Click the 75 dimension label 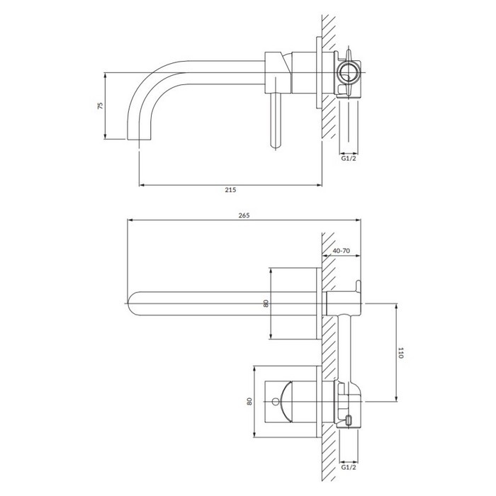pyautogui.click(x=100, y=106)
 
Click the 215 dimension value pyautogui.click(x=230, y=190)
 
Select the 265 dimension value pyautogui.click(x=244, y=215)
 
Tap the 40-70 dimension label pyautogui.click(x=342, y=251)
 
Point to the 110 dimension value pyautogui.click(x=401, y=353)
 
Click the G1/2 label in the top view pyautogui.click(x=349, y=158)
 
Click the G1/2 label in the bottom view pyautogui.click(x=349, y=467)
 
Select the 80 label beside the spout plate pyautogui.click(x=266, y=303)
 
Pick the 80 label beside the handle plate pyautogui.click(x=249, y=402)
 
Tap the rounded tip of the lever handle pyautogui.click(x=276, y=145)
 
